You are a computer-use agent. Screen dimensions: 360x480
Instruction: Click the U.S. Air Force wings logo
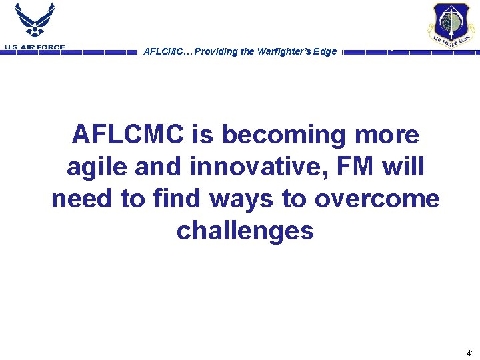coord(34,21)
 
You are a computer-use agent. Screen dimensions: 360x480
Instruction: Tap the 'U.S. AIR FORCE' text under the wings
coord(34,47)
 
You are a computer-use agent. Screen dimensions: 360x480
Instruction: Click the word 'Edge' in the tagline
coord(324,52)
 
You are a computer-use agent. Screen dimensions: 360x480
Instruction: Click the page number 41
coord(471,353)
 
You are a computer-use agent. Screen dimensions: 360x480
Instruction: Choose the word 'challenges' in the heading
coord(245,231)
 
